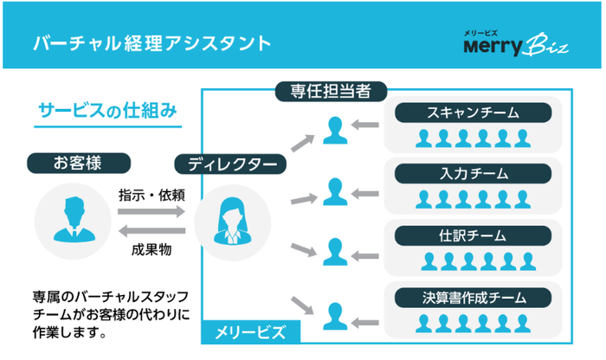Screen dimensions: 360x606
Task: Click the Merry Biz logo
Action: pos(515,43)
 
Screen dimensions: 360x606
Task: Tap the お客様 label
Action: pos(79,162)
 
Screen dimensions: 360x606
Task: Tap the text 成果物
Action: pos(151,249)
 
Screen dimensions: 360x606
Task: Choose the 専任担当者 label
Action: pos(330,89)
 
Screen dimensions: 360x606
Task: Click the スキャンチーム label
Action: pos(473,113)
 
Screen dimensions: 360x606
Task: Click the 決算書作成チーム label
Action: pos(473,298)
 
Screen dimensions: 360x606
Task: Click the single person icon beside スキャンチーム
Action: pos(335,130)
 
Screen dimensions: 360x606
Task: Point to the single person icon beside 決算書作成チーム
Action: pos(335,312)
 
